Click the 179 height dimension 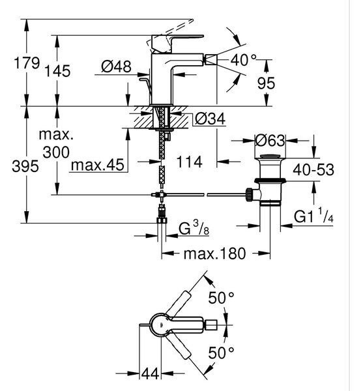[27, 63]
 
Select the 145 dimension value [57, 71]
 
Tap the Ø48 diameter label [116, 66]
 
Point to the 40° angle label [243, 60]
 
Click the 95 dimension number [266, 83]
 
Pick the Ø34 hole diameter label [210, 119]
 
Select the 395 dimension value [25, 166]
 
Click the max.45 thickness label [98, 165]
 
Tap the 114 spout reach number [189, 162]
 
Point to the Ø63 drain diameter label [270, 141]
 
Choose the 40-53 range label [313, 170]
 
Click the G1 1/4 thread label [313, 216]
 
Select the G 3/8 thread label [194, 229]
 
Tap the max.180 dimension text [214, 253]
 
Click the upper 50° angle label [221, 298]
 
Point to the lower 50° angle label [221, 353]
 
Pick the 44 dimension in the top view [150, 373]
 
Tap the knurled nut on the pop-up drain [249, 194]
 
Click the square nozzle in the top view [211, 325]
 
